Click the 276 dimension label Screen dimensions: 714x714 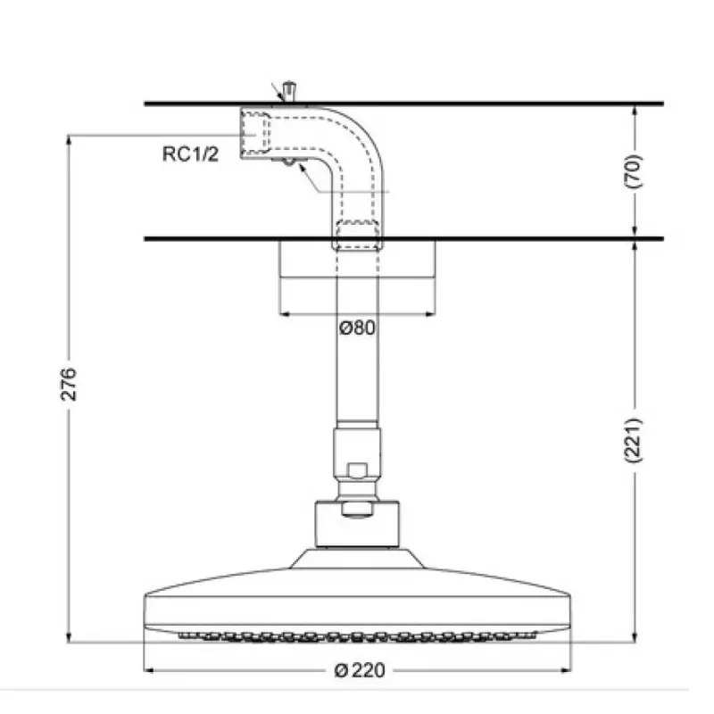(69, 385)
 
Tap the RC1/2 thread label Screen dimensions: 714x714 (190, 154)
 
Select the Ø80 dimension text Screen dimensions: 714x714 (358, 328)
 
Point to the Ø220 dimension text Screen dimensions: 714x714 (360, 670)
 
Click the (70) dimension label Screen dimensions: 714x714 (633, 171)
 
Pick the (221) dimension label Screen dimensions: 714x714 (633, 440)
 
